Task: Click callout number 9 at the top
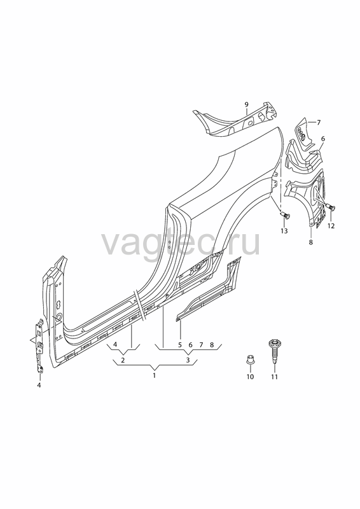(246, 104)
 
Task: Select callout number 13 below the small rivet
(284, 231)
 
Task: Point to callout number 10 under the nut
(250, 377)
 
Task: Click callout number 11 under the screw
(275, 377)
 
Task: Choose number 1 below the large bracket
(154, 375)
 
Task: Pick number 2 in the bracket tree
(123, 360)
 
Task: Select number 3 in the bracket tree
(188, 360)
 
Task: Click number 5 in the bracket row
(180, 345)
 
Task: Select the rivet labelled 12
(331, 206)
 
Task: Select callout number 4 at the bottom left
(39, 386)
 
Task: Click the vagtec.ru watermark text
(181, 243)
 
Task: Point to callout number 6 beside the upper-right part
(322, 139)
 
